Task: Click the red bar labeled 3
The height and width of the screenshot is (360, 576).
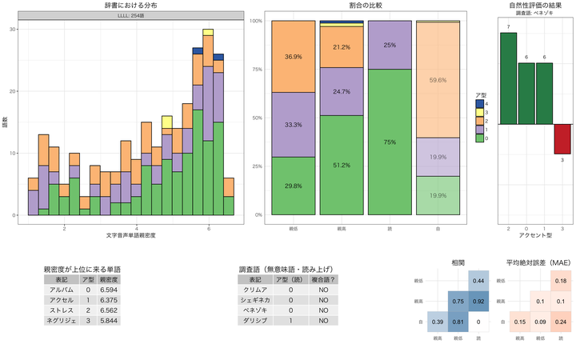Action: (x=563, y=138)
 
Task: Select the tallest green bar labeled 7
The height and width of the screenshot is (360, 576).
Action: (x=509, y=78)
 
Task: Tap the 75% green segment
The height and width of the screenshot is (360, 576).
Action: (x=390, y=142)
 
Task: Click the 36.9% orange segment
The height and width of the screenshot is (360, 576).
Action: (x=293, y=57)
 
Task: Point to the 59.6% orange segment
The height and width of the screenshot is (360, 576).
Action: (x=438, y=80)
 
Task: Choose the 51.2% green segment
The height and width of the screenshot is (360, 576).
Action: (x=342, y=166)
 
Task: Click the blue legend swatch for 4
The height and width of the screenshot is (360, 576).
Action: (x=480, y=103)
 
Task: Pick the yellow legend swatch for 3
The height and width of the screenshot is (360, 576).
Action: (x=480, y=111)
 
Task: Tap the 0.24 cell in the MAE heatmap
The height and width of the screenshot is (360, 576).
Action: (x=558, y=321)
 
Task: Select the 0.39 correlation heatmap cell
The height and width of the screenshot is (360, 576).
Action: (x=438, y=321)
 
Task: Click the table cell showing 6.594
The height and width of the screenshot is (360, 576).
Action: (x=109, y=290)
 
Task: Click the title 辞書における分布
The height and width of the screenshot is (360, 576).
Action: (x=130, y=5)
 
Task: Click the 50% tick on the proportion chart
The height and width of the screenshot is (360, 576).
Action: (x=258, y=118)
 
